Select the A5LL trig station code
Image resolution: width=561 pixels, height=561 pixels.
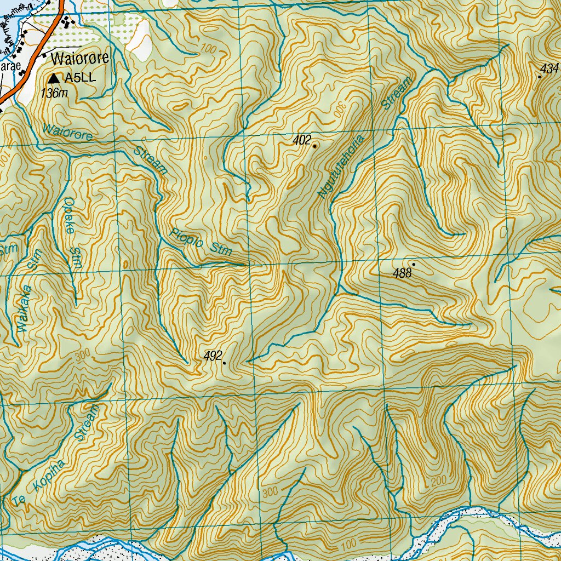80,78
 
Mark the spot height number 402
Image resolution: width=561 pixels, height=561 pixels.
302,140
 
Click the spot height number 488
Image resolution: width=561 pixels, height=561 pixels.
402,273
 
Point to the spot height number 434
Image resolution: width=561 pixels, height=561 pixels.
548,68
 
